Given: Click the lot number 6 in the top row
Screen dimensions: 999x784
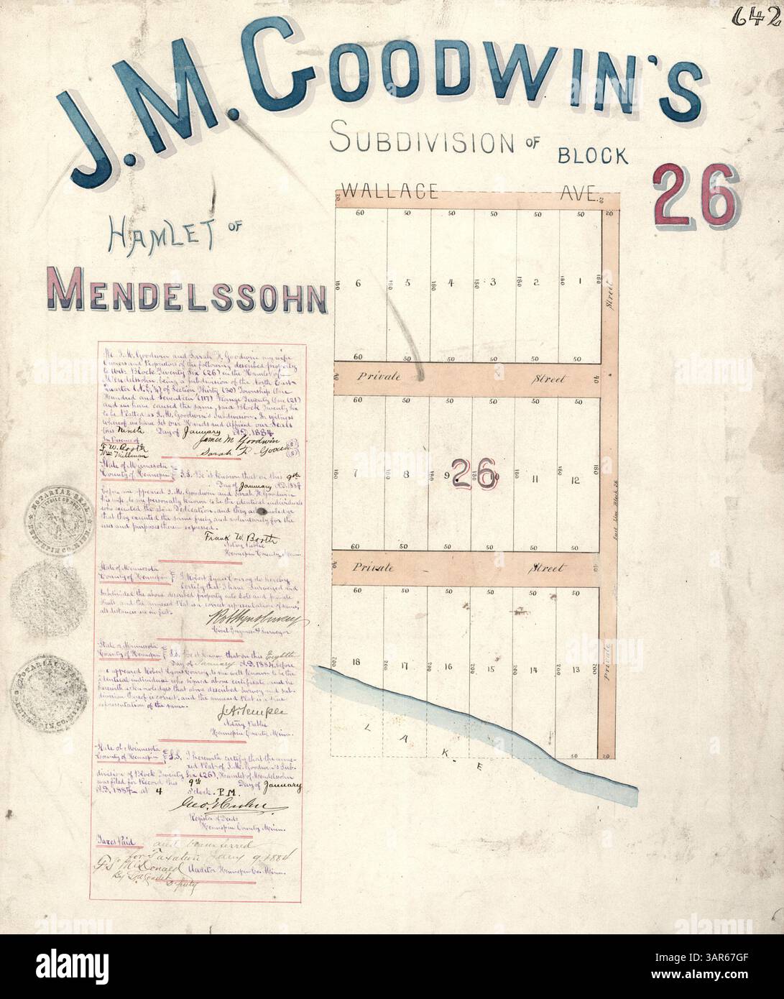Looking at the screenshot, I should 358,283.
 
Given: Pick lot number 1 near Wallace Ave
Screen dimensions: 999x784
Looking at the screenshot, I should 579,282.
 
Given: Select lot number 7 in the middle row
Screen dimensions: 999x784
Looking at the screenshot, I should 358,475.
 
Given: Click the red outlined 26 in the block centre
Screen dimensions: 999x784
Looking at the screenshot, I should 474,474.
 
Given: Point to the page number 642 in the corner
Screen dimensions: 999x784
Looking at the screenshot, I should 766,16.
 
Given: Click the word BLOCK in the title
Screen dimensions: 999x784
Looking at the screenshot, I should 592,154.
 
